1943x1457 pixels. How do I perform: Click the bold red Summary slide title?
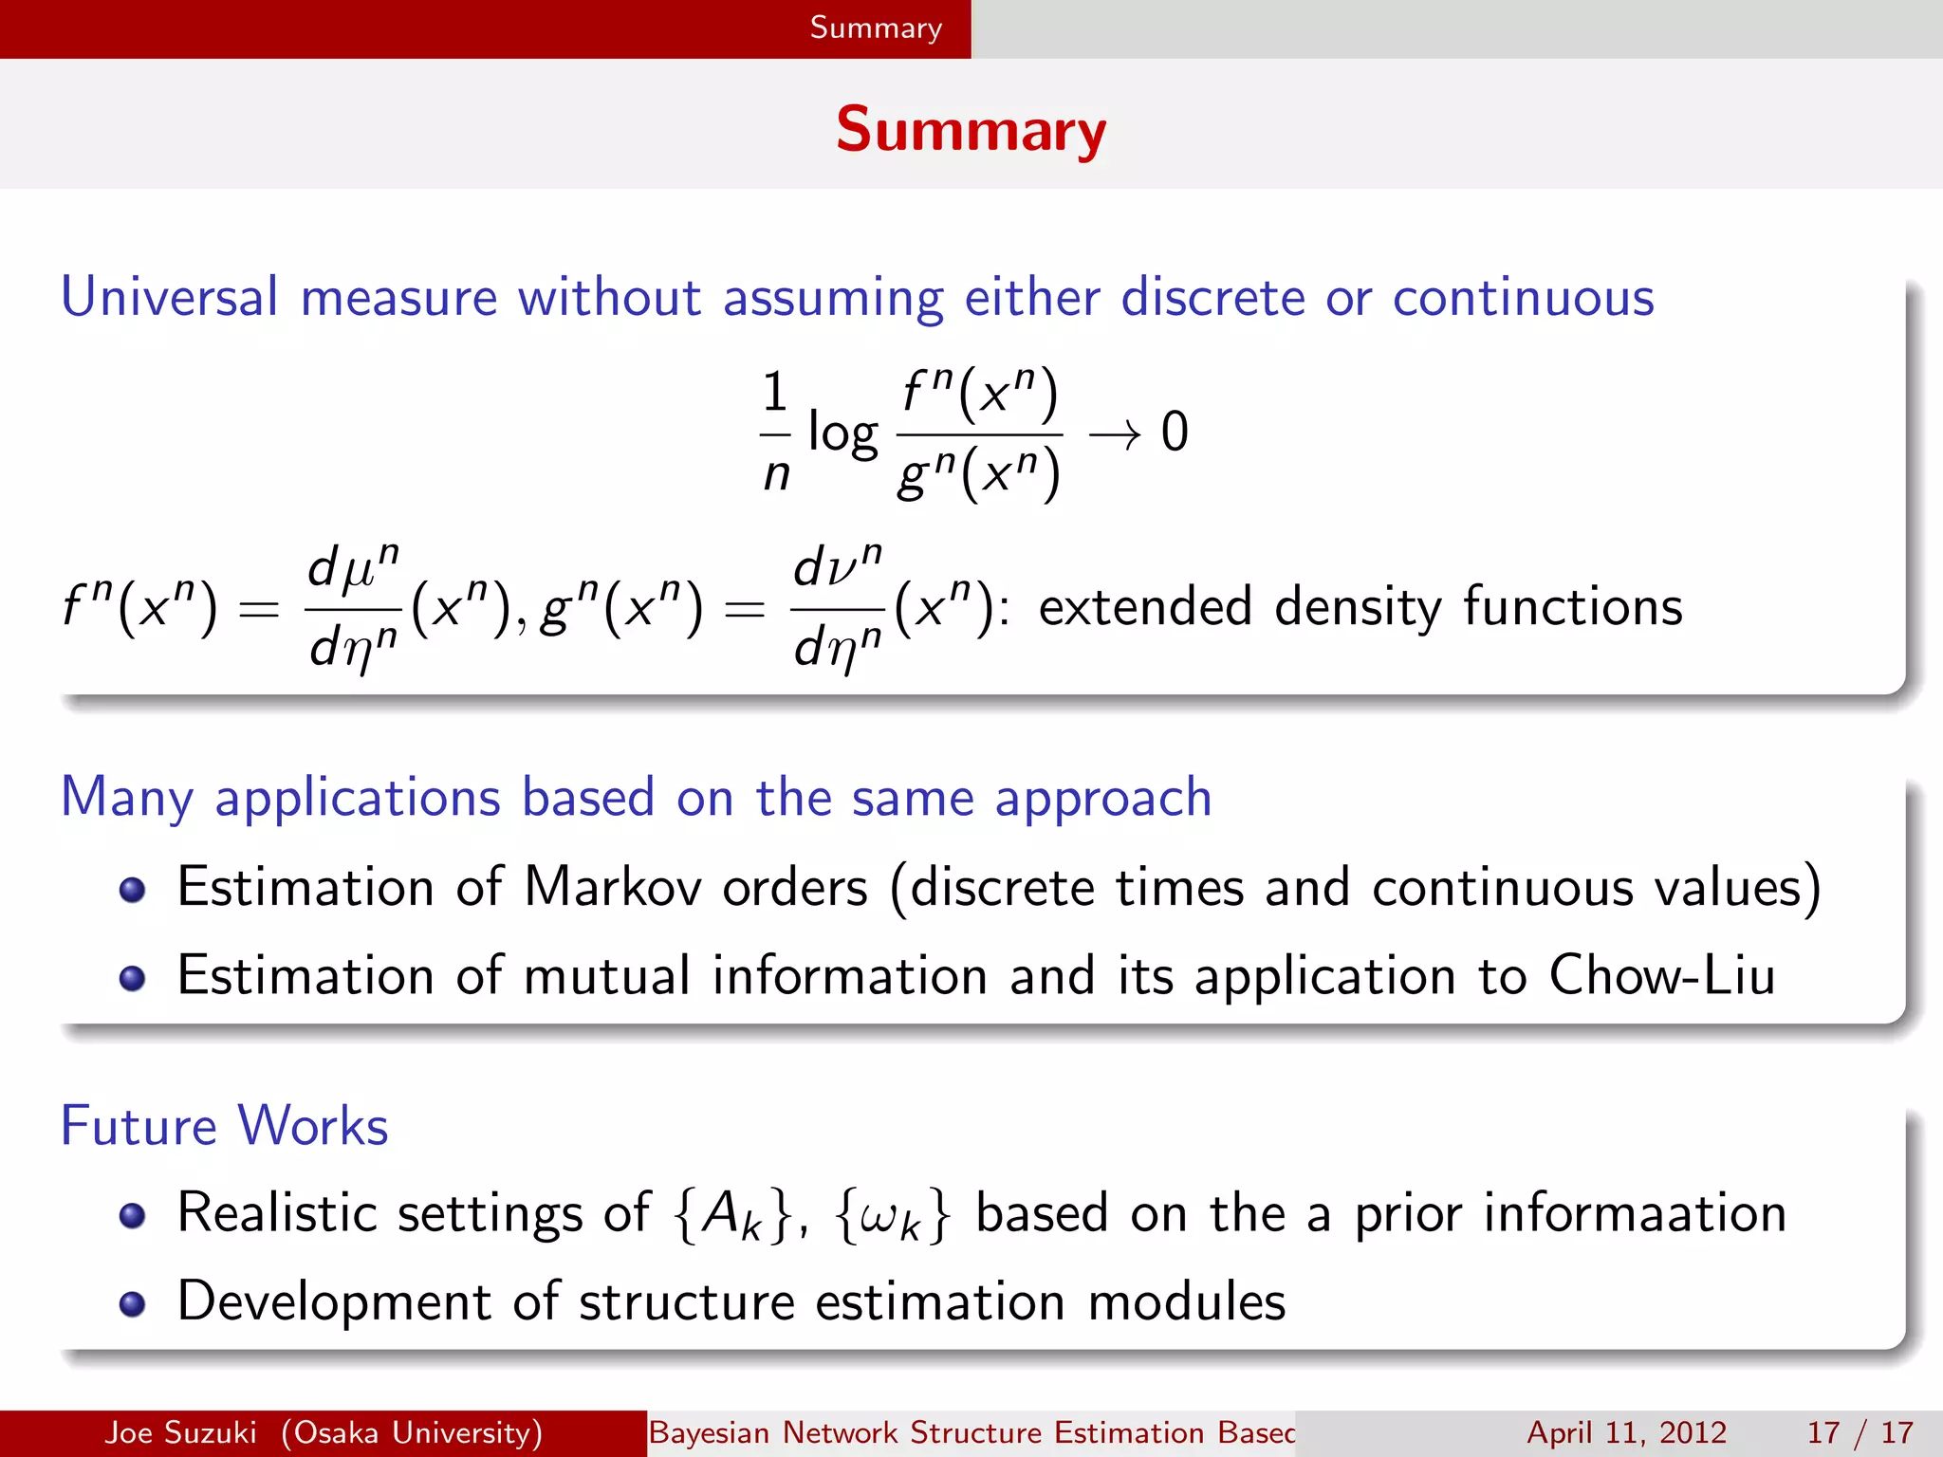pyautogui.click(x=971, y=130)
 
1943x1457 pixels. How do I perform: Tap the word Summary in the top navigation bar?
pyautogui.click(x=876, y=28)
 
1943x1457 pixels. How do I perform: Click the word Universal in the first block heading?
pyautogui.click(x=169, y=297)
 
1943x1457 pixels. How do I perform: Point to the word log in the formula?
pyautogui.click(x=842, y=433)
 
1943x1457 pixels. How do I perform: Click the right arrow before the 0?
pyautogui.click(x=1115, y=433)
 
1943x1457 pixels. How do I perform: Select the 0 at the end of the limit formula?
pyautogui.click(x=1175, y=432)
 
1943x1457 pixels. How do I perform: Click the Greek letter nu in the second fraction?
pyautogui.click(x=839, y=570)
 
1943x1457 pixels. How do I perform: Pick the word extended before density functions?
pyautogui.click(x=1145, y=606)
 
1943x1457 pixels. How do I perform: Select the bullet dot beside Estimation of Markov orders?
pyautogui.click(x=133, y=890)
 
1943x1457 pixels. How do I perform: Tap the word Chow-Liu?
pyautogui.click(x=1661, y=975)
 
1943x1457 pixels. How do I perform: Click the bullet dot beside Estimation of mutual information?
pyautogui.click(x=133, y=978)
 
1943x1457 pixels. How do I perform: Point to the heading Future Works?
pyautogui.click(x=225, y=1126)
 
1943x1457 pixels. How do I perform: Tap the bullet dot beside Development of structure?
pyautogui.click(x=133, y=1304)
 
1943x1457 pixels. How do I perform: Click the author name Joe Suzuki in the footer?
pyautogui.click(x=180, y=1432)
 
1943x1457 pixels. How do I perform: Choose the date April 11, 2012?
pyautogui.click(x=1626, y=1432)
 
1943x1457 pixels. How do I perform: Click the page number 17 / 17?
pyautogui.click(x=1860, y=1432)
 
